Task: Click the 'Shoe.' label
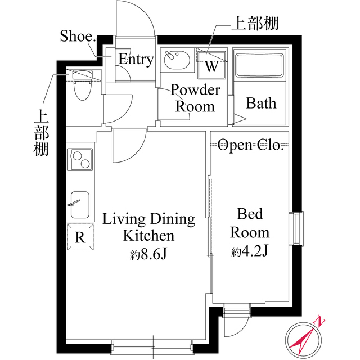coord(78,37)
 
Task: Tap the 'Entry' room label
coord(136,60)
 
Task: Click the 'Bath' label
coord(262,103)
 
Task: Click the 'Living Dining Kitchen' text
coord(148,227)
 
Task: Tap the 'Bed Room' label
coord(250,223)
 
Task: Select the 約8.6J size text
coord(148,254)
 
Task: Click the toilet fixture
coord(82,85)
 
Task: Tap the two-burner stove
coord(80,159)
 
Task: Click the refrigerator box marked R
coord(80,236)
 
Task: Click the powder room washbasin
coord(177,60)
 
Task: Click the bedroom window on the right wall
coord(296,228)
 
